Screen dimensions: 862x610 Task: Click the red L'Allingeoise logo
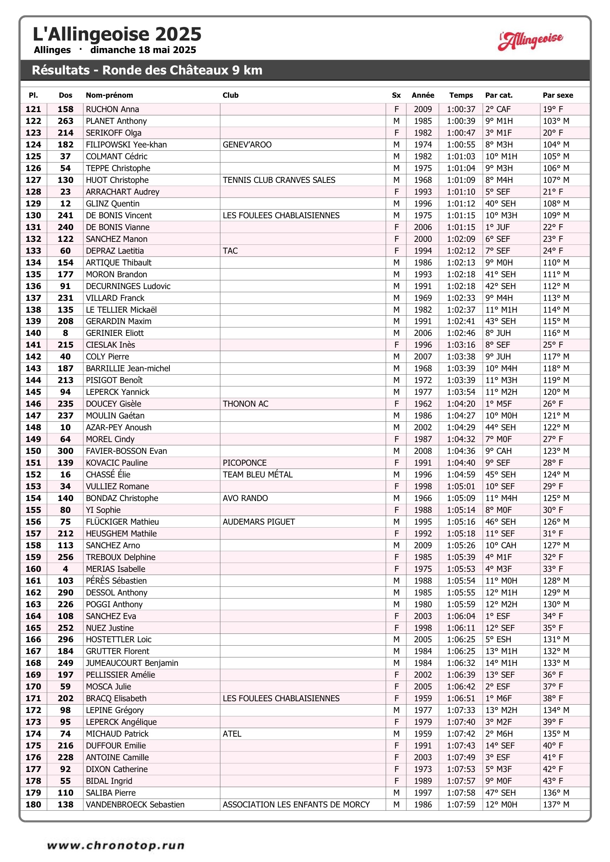pyautogui.click(x=530, y=40)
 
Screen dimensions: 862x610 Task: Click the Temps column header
pyautogui.click(x=461, y=95)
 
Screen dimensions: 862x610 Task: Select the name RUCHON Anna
pyautogui.click(x=113, y=109)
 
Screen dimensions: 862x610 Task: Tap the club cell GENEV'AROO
pyautogui.click(x=247, y=145)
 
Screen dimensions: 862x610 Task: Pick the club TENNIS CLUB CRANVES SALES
pyautogui.click(x=279, y=180)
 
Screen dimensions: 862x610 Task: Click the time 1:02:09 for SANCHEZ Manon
pyautogui.click(x=461, y=239)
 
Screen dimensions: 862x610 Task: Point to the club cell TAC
pyautogui.click(x=230, y=251)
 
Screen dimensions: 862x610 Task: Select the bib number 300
pyautogui.click(x=65, y=451)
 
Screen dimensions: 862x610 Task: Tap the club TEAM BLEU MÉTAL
pyautogui.click(x=258, y=475)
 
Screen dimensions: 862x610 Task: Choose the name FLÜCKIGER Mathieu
pyautogui.click(x=122, y=521)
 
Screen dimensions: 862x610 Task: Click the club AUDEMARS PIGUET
pyautogui.click(x=259, y=521)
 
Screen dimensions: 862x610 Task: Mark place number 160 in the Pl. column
pyautogui.click(x=33, y=569)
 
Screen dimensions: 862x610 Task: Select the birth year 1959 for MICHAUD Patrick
pyautogui.click(x=423, y=734)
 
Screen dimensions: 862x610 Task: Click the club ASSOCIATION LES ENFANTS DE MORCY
pyautogui.click(x=296, y=804)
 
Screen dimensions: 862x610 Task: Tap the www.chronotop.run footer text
pyautogui.click(x=116, y=845)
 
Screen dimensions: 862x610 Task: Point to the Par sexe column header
pyautogui.click(x=557, y=95)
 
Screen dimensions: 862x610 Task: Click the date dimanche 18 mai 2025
pyautogui.click(x=143, y=50)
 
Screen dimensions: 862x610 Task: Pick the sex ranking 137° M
pyautogui.click(x=556, y=804)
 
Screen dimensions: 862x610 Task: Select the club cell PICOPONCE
pyautogui.click(x=245, y=463)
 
